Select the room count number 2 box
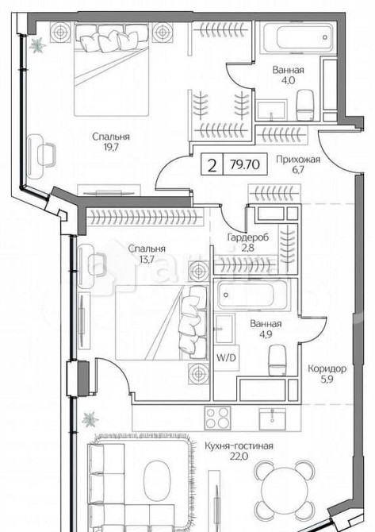point(212,166)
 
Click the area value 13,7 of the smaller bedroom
point(147,259)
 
